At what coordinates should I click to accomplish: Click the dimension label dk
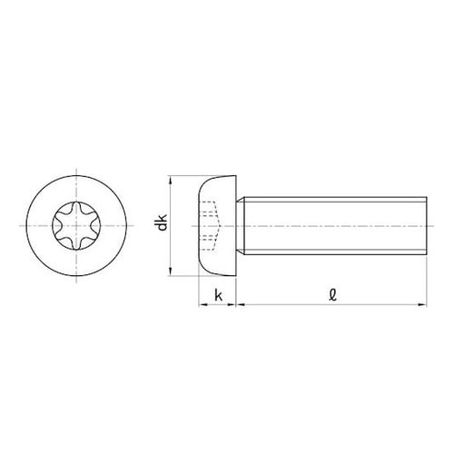[163, 222]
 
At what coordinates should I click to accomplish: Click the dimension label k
[218, 295]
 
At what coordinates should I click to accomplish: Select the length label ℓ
[332, 295]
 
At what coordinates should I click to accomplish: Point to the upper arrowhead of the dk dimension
[171, 181]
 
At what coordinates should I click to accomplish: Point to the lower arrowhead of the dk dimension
[171, 271]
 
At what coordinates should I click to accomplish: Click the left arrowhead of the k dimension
[203, 304]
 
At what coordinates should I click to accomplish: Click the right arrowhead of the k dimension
[232, 304]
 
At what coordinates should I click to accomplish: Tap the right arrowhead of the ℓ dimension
[422, 304]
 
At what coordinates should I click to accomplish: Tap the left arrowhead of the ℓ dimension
[241, 304]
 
